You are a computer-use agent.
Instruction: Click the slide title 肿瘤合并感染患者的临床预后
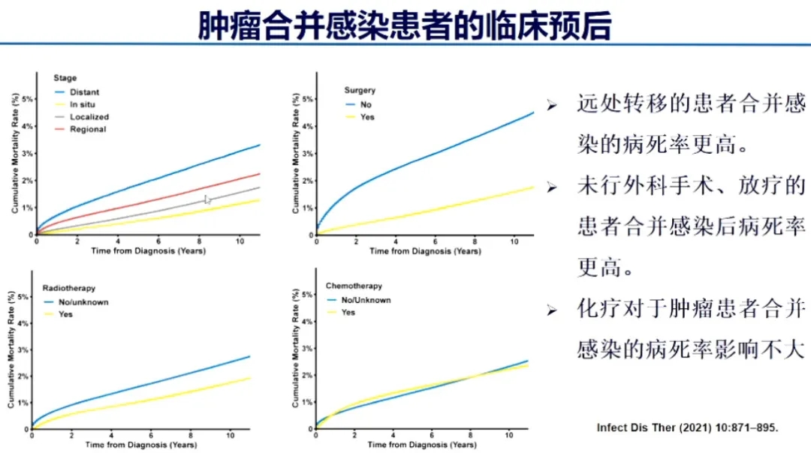click(405, 25)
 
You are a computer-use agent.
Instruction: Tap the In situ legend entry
click(83, 104)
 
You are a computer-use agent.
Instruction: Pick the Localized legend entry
click(89, 117)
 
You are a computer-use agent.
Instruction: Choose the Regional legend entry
click(88, 129)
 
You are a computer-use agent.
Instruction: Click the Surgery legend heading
click(359, 91)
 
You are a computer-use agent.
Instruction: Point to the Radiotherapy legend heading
click(69, 288)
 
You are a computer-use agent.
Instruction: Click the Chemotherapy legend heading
click(354, 286)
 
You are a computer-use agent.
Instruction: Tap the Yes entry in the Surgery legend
click(367, 117)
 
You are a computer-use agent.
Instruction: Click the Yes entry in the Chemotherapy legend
click(348, 312)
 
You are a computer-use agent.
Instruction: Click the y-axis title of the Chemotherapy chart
click(296, 349)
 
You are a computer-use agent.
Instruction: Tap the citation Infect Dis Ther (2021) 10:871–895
click(687, 427)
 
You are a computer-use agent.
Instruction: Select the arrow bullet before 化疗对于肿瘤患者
click(552, 309)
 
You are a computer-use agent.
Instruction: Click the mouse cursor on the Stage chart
click(207, 199)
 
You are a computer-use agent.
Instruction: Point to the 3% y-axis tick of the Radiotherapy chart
click(25, 350)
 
